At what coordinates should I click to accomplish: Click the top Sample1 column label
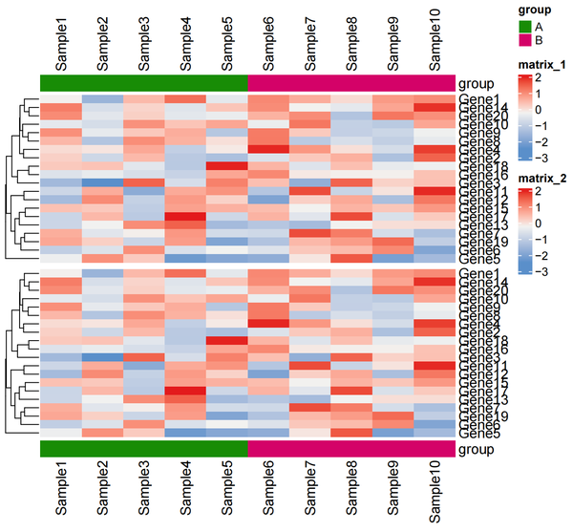(x=62, y=44)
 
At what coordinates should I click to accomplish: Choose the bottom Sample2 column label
(x=103, y=488)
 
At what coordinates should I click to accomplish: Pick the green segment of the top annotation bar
(x=144, y=84)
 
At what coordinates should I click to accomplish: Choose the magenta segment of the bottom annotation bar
(x=351, y=449)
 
